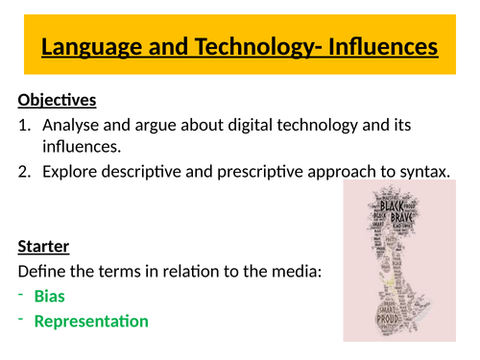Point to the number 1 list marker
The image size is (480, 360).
tap(23, 125)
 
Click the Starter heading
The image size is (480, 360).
tap(45, 246)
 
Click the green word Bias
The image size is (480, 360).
tap(50, 297)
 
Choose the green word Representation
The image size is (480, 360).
tap(91, 321)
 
